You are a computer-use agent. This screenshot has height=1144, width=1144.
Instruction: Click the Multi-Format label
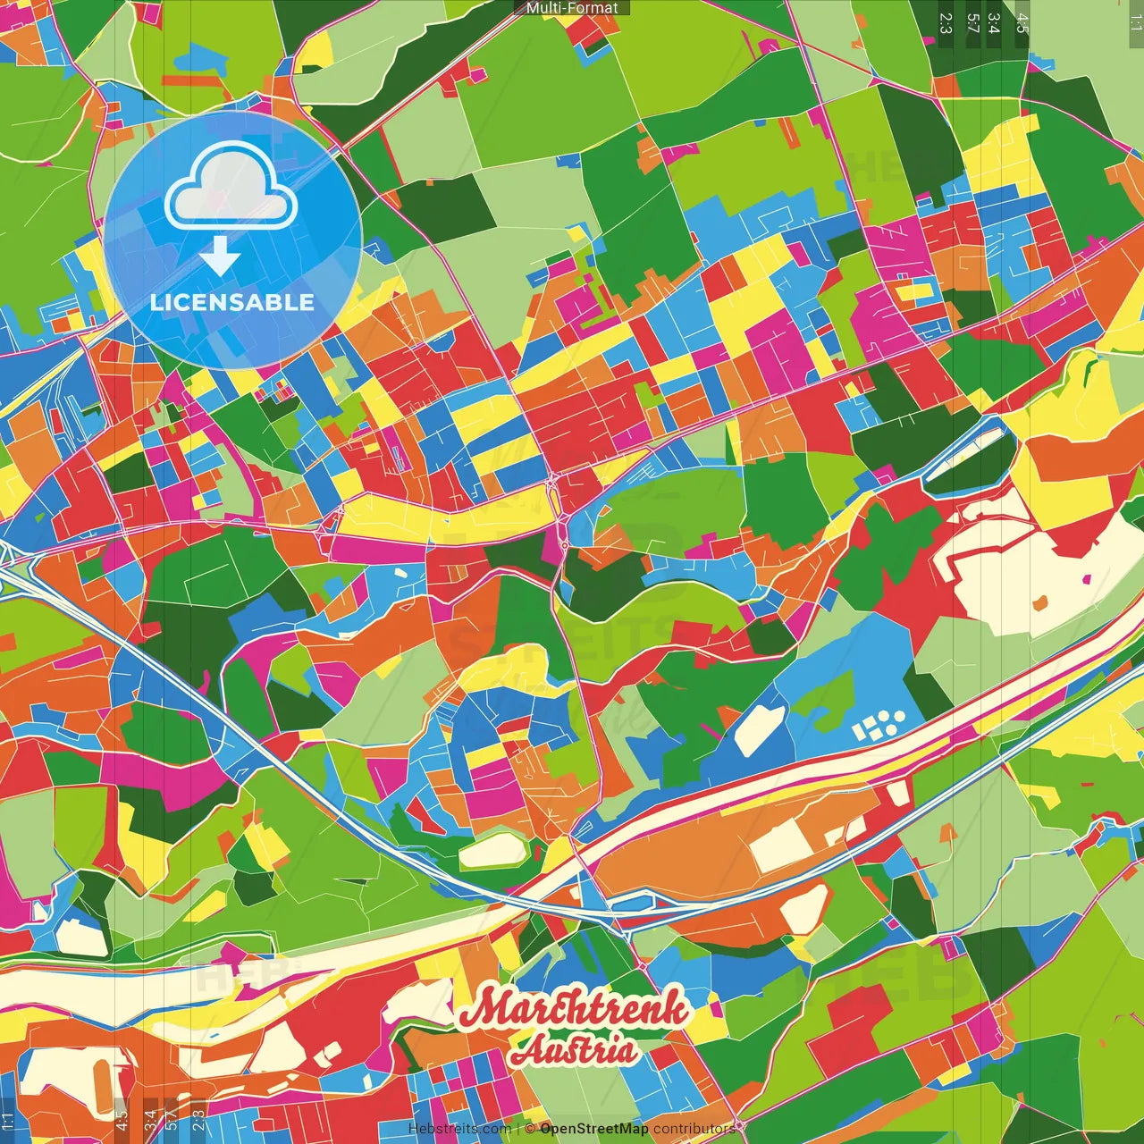572,8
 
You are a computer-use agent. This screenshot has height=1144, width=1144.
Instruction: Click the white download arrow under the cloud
220,257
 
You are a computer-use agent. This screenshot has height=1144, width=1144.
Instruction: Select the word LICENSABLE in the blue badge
232,302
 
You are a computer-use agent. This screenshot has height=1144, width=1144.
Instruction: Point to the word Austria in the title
575,1051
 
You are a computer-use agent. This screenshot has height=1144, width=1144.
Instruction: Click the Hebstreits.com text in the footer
459,1129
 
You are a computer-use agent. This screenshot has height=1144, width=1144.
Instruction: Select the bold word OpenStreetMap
593,1129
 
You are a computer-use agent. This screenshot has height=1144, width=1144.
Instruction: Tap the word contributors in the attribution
694,1129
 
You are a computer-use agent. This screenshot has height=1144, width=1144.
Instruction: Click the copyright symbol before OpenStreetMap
530,1129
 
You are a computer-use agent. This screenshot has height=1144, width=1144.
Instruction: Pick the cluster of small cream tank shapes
878,725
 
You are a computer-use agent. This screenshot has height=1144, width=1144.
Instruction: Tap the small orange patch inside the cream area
1039,604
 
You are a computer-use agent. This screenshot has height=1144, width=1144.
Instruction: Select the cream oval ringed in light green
492,850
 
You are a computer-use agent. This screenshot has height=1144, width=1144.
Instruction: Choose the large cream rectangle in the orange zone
781,845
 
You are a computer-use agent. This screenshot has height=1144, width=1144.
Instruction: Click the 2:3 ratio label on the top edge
946,23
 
